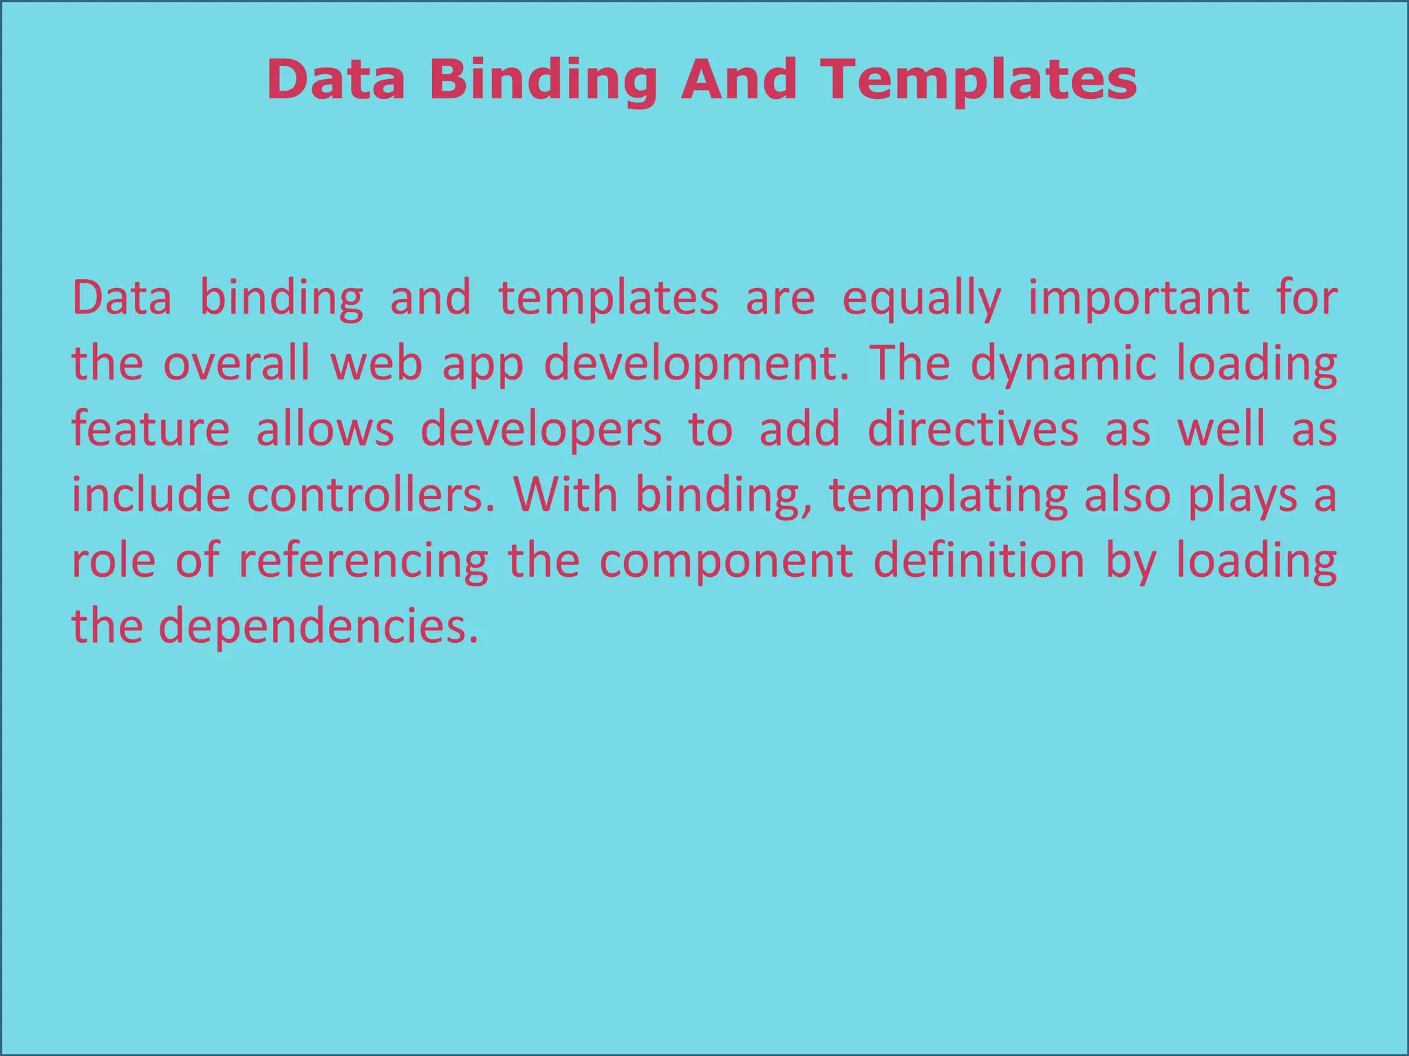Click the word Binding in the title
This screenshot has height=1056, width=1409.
tap(544, 80)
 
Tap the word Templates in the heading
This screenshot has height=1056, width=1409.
tap(980, 80)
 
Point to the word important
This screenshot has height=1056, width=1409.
tap(1139, 298)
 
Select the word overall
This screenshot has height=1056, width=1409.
tap(237, 363)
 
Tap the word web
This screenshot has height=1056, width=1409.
tap(376, 363)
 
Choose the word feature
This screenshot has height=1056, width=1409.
tap(151, 429)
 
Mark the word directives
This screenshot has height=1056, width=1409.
tap(973, 429)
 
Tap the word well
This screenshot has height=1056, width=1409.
tap(1221, 429)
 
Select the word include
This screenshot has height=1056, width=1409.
tap(151, 495)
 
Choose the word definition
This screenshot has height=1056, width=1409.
tap(979, 561)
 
